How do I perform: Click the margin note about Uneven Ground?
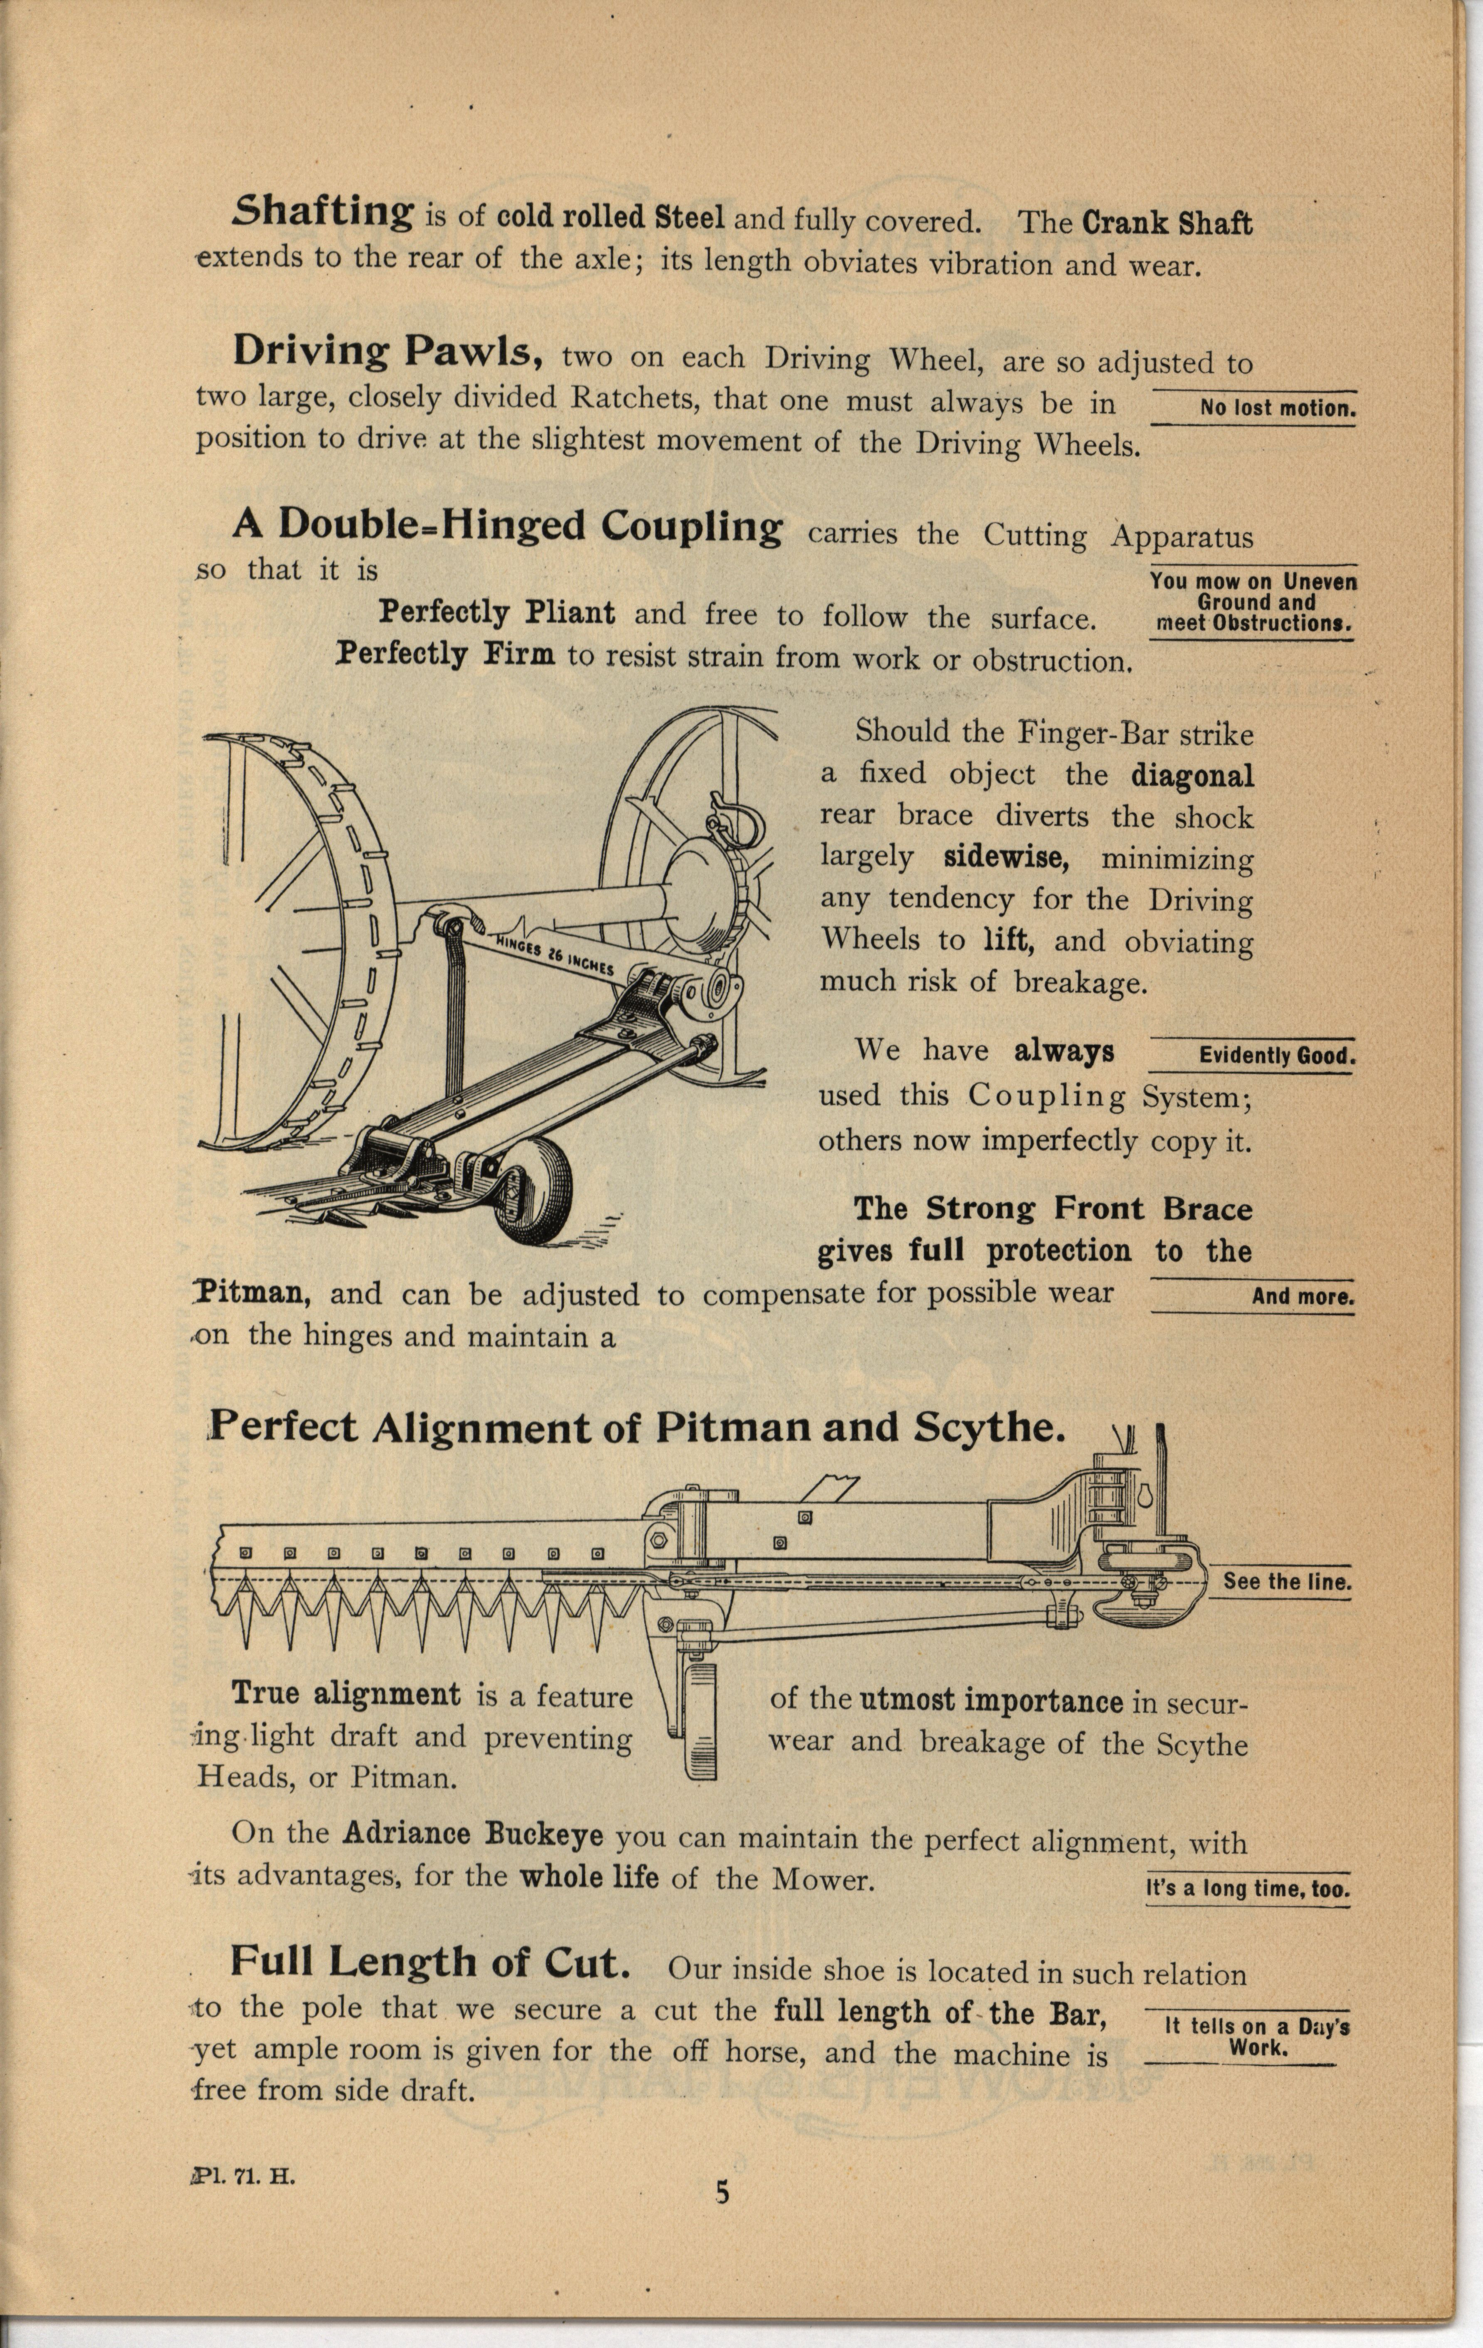pyautogui.click(x=1253, y=602)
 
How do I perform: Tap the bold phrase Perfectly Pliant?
pyautogui.click(x=496, y=613)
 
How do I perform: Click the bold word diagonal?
pyautogui.click(x=1192, y=776)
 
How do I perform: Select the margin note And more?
pyautogui.click(x=1303, y=1297)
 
